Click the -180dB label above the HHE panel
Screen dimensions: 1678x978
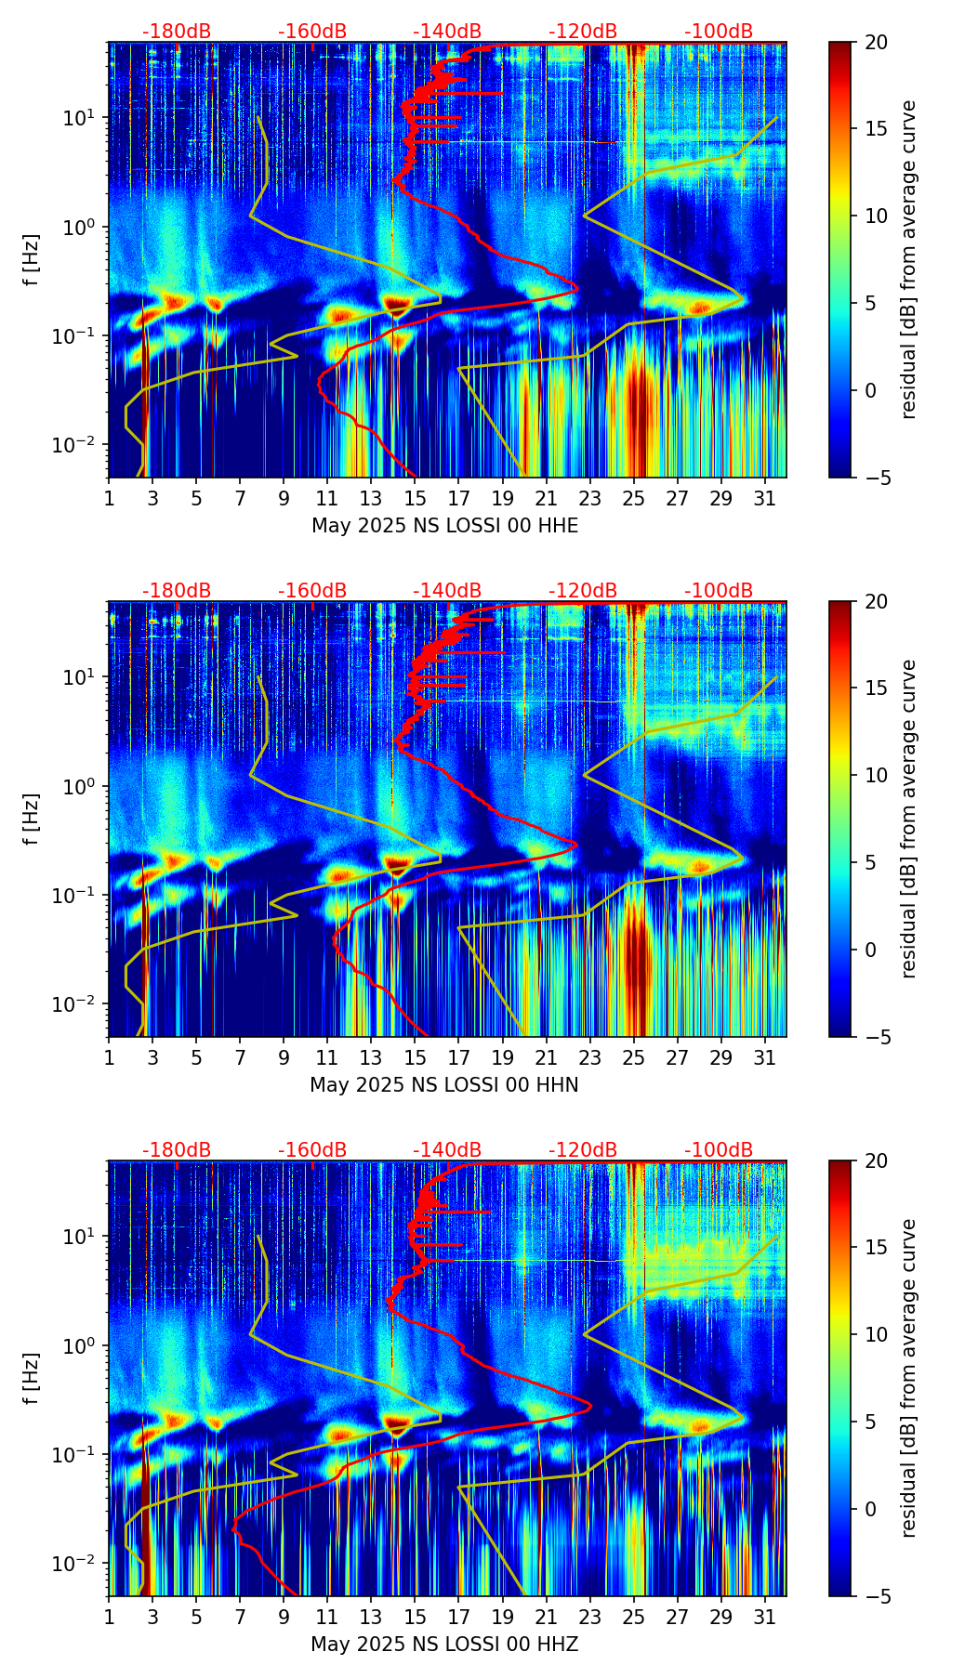(x=177, y=32)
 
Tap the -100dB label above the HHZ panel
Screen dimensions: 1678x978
(x=719, y=1150)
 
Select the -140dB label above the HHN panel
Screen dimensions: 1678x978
(x=447, y=591)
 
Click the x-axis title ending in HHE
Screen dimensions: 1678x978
(x=444, y=526)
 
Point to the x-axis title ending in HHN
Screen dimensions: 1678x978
(x=443, y=1085)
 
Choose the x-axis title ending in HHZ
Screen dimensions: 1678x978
(x=444, y=1645)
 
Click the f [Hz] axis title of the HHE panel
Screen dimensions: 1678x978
(x=31, y=260)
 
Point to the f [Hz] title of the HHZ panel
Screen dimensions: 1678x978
(x=31, y=1379)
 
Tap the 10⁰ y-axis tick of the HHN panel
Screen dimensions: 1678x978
(x=83, y=786)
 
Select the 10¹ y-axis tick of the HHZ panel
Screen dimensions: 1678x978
(x=83, y=1237)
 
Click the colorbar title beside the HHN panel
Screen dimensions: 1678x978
(x=909, y=819)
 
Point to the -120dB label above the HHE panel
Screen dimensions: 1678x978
(x=583, y=32)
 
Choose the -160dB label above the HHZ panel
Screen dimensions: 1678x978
(x=312, y=1150)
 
